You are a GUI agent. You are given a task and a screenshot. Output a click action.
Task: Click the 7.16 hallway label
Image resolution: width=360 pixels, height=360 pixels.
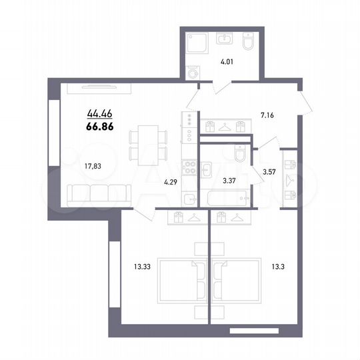[x=267, y=115]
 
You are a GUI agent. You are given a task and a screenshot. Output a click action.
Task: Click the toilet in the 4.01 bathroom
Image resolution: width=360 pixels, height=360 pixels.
[x=247, y=44]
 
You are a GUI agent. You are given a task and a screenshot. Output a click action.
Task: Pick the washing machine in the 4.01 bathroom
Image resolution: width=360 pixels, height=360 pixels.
[x=194, y=73]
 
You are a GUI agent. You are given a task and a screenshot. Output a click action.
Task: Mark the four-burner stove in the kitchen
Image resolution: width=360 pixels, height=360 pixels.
[x=188, y=168]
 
